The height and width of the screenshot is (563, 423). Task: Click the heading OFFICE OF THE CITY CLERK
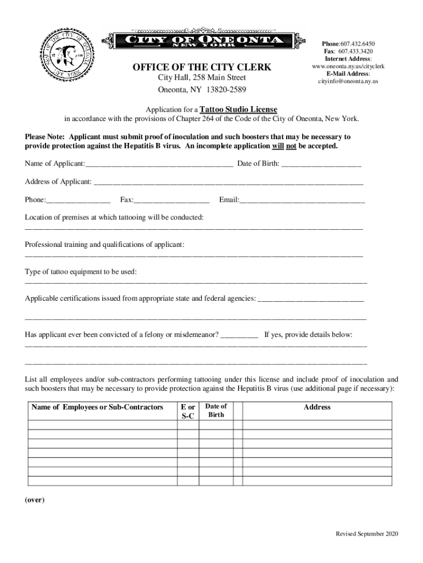point(202,68)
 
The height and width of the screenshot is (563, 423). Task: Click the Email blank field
point(302,201)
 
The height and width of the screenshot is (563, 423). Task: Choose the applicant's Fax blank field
point(171,201)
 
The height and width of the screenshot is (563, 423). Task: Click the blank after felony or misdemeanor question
point(239,335)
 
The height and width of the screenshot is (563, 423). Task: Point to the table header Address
point(317,407)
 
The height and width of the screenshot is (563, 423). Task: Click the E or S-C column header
point(188,412)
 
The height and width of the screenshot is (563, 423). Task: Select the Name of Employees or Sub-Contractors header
point(97,407)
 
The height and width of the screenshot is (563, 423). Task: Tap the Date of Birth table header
point(216,411)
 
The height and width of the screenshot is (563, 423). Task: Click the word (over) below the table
point(35,500)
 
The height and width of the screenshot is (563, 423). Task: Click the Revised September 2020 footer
point(367,534)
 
